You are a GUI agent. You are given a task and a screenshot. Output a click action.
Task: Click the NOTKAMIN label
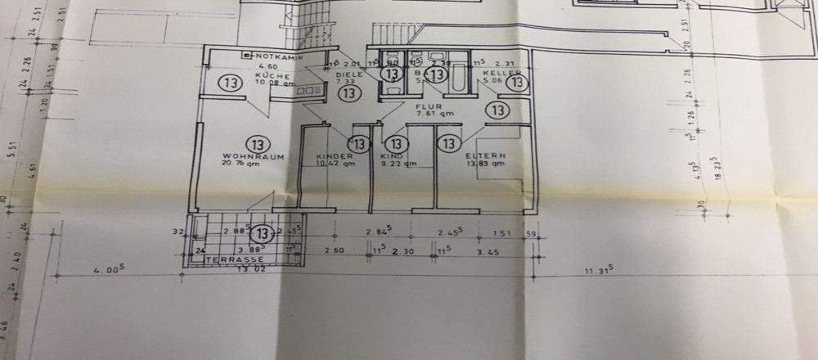278,56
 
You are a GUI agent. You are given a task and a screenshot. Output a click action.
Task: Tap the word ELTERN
485,155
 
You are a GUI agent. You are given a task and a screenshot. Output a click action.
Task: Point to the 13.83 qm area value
486,164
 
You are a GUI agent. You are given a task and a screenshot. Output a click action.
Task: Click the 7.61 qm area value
435,115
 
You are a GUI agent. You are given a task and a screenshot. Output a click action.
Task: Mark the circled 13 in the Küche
228,83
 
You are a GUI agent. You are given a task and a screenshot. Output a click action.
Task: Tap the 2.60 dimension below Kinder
335,251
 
